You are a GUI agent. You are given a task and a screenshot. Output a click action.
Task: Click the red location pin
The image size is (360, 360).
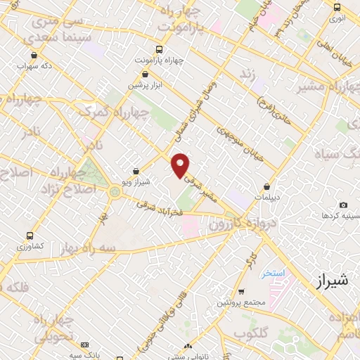[x=181, y=165]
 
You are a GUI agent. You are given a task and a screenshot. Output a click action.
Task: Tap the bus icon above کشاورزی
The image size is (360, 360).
[x=29, y=236]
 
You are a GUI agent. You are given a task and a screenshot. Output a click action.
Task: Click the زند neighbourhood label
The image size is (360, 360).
[x=246, y=75]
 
